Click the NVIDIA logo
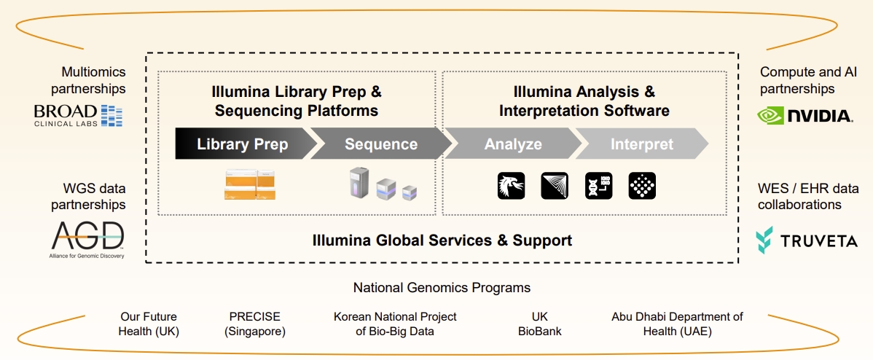(x=805, y=115)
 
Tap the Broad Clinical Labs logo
(x=78, y=114)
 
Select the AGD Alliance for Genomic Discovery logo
(x=87, y=240)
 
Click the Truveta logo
(x=806, y=240)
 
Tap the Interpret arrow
(x=641, y=144)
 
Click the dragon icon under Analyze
(x=511, y=186)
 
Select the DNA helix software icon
(x=599, y=186)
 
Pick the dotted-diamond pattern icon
(x=643, y=186)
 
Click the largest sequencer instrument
(x=359, y=182)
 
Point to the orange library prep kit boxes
(x=249, y=185)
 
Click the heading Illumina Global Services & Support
(x=442, y=240)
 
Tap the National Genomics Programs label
(x=442, y=288)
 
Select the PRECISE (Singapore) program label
(x=254, y=324)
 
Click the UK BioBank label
(x=539, y=324)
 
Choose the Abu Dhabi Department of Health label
(x=677, y=324)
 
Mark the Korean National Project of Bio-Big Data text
(x=395, y=324)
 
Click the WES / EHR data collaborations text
(x=808, y=197)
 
